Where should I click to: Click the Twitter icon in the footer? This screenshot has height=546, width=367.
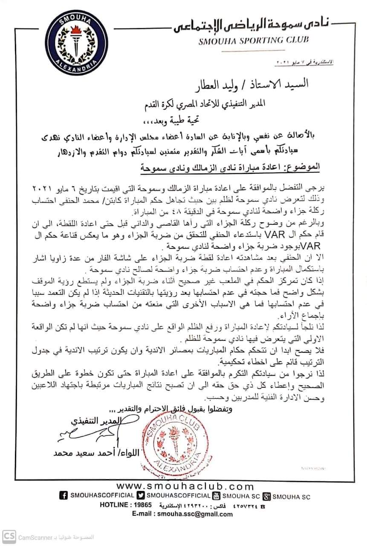pyautogui.click(x=141, y=496)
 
